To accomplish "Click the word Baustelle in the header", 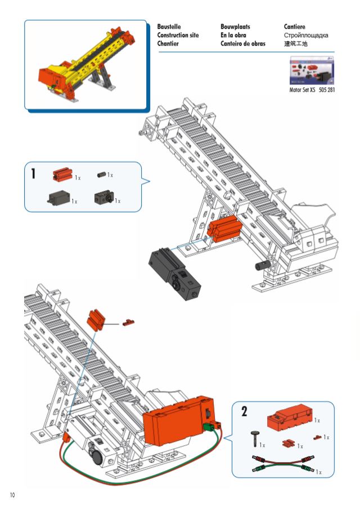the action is tap(169, 26).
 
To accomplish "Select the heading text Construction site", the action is tap(178, 35).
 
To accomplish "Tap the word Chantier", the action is tap(168, 43).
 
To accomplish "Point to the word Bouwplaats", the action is tap(235, 26).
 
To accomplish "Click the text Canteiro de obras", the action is tap(243, 43).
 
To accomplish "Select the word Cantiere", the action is tap(294, 26).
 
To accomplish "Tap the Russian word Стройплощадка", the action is tap(306, 35).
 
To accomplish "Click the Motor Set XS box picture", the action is tap(312, 70).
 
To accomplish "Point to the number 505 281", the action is tap(327, 90).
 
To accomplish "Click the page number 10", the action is tap(12, 495).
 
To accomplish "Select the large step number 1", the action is tap(33, 174).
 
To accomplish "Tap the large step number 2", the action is tap(245, 412).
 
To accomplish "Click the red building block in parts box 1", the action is tap(62, 174).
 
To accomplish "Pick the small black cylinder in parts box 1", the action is tap(102, 175).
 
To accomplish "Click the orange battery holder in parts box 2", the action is tap(290, 414).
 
